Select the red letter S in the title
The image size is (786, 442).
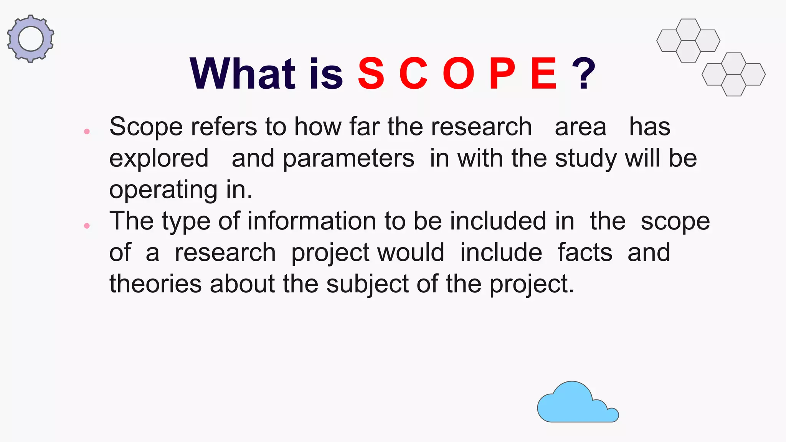click(371, 74)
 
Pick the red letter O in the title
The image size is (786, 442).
click(458, 74)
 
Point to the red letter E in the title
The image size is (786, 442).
click(543, 74)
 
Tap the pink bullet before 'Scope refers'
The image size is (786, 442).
click(87, 132)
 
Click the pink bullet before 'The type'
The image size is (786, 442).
click(87, 226)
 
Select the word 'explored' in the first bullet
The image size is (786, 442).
click(159, 158)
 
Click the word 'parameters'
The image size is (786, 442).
click(348, 158)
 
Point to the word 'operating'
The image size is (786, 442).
click(163, 190)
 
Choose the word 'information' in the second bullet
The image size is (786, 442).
click(312, 221)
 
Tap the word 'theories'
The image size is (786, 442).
click(155, 284)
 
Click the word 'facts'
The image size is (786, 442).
click(585, 253)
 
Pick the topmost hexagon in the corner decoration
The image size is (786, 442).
click(688, 30)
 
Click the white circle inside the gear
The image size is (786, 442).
click(31, 39)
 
